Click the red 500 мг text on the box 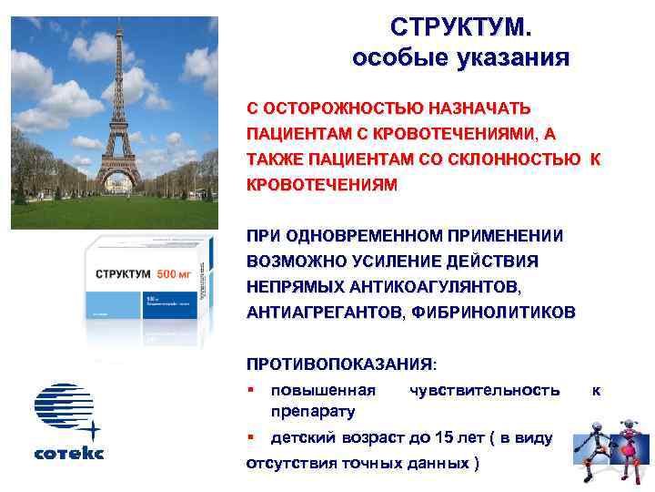[176, 274]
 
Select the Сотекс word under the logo [69, 453]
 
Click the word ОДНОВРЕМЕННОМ [371, 236]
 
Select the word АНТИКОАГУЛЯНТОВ [437, 287]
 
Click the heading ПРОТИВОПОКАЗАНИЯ [340, 364]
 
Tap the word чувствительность [485, 390]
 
